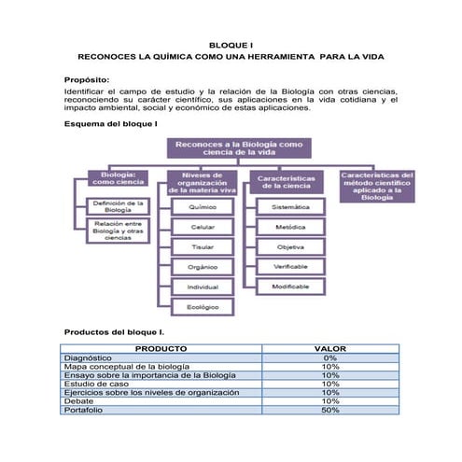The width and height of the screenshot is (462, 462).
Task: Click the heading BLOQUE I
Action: click(x=231, y=45)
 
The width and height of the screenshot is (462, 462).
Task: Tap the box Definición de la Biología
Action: click(x=118, y=206)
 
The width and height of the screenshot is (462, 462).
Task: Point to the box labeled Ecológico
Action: click(x=203, y=306)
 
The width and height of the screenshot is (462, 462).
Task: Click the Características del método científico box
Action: click(x=377, y=185)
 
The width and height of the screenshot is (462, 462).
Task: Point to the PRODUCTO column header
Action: click(x=161, y=348)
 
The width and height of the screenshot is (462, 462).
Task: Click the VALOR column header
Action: click(x=330, y=348)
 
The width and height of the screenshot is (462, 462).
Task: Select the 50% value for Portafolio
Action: click(x=330, y=411)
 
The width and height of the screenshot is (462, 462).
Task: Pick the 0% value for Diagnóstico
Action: click(x=330, y=357)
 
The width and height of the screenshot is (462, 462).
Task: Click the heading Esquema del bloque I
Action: click(x=110, y=123)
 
